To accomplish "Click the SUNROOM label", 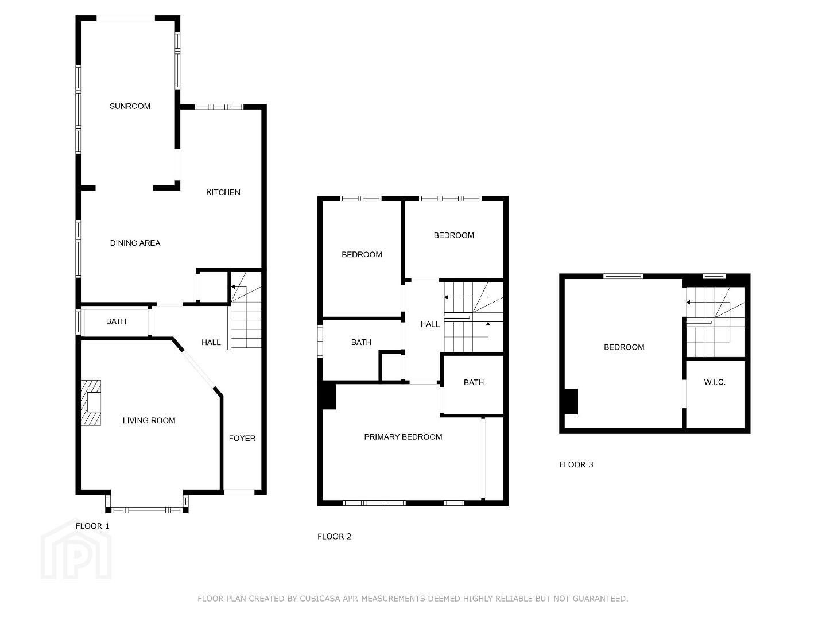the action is (130, 106).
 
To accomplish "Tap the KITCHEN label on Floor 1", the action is (223, 193).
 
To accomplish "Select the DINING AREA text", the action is (135, 243).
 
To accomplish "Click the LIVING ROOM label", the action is (149, 421).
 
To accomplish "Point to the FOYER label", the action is (242, 438).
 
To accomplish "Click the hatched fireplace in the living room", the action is (91, 403).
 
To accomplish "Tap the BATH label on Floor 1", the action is (116, 321).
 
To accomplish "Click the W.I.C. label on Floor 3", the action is (715, 382).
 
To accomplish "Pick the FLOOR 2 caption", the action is (334, 537).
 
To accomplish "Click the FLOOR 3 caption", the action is (576, 464).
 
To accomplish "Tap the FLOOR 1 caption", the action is (92, 526).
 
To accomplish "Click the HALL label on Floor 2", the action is (430, 325).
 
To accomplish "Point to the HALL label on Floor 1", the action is (211, 343).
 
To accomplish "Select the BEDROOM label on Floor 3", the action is (624, 347).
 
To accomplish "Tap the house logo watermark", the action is (76, 549).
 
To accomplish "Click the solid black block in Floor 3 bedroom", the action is (571, 402).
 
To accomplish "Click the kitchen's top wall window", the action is (219, 107).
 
